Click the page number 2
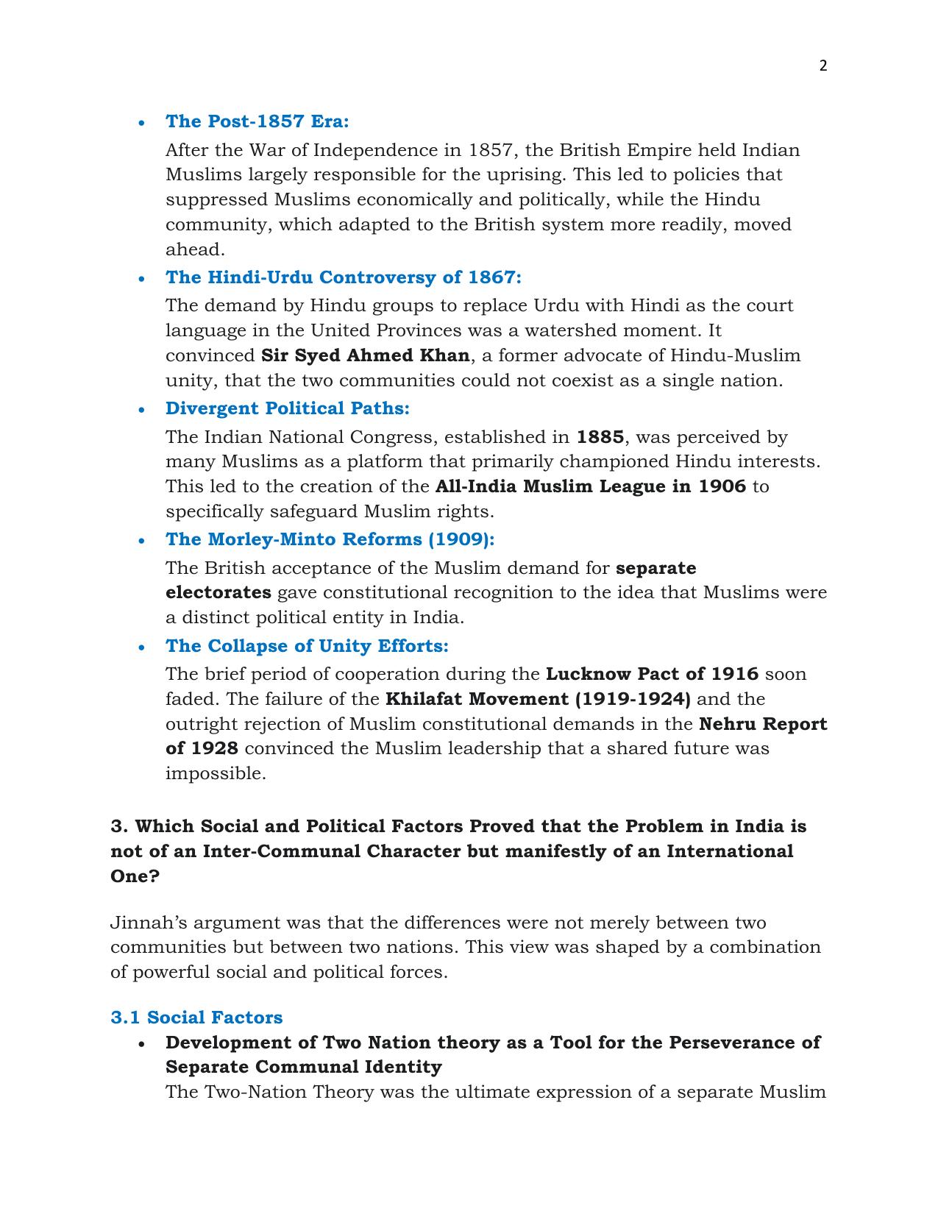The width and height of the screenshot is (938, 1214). click(822, 65)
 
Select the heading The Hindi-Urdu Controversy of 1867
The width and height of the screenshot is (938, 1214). click(343, 277)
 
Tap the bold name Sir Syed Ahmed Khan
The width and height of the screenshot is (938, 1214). click(365, 355)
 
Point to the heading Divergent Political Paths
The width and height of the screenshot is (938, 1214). click(287, 408)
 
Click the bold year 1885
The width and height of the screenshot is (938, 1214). click(600, 437)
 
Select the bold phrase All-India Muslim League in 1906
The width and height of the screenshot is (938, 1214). click(590, 486)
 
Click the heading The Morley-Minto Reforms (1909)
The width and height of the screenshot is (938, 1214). click(330, 539)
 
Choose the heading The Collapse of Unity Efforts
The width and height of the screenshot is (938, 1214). click(307, 646)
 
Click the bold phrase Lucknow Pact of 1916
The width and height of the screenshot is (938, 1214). click(651, 674)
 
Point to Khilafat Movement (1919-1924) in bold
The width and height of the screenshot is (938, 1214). click(538, 699)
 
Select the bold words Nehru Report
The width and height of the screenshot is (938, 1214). click(762, 724)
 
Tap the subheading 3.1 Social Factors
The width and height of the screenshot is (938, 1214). click(196, 1018)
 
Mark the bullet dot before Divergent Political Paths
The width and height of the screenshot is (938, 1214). click(142, 410)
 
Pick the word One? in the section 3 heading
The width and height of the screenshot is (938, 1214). click(135, 876)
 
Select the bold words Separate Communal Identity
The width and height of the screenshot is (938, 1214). click(303, 1067)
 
